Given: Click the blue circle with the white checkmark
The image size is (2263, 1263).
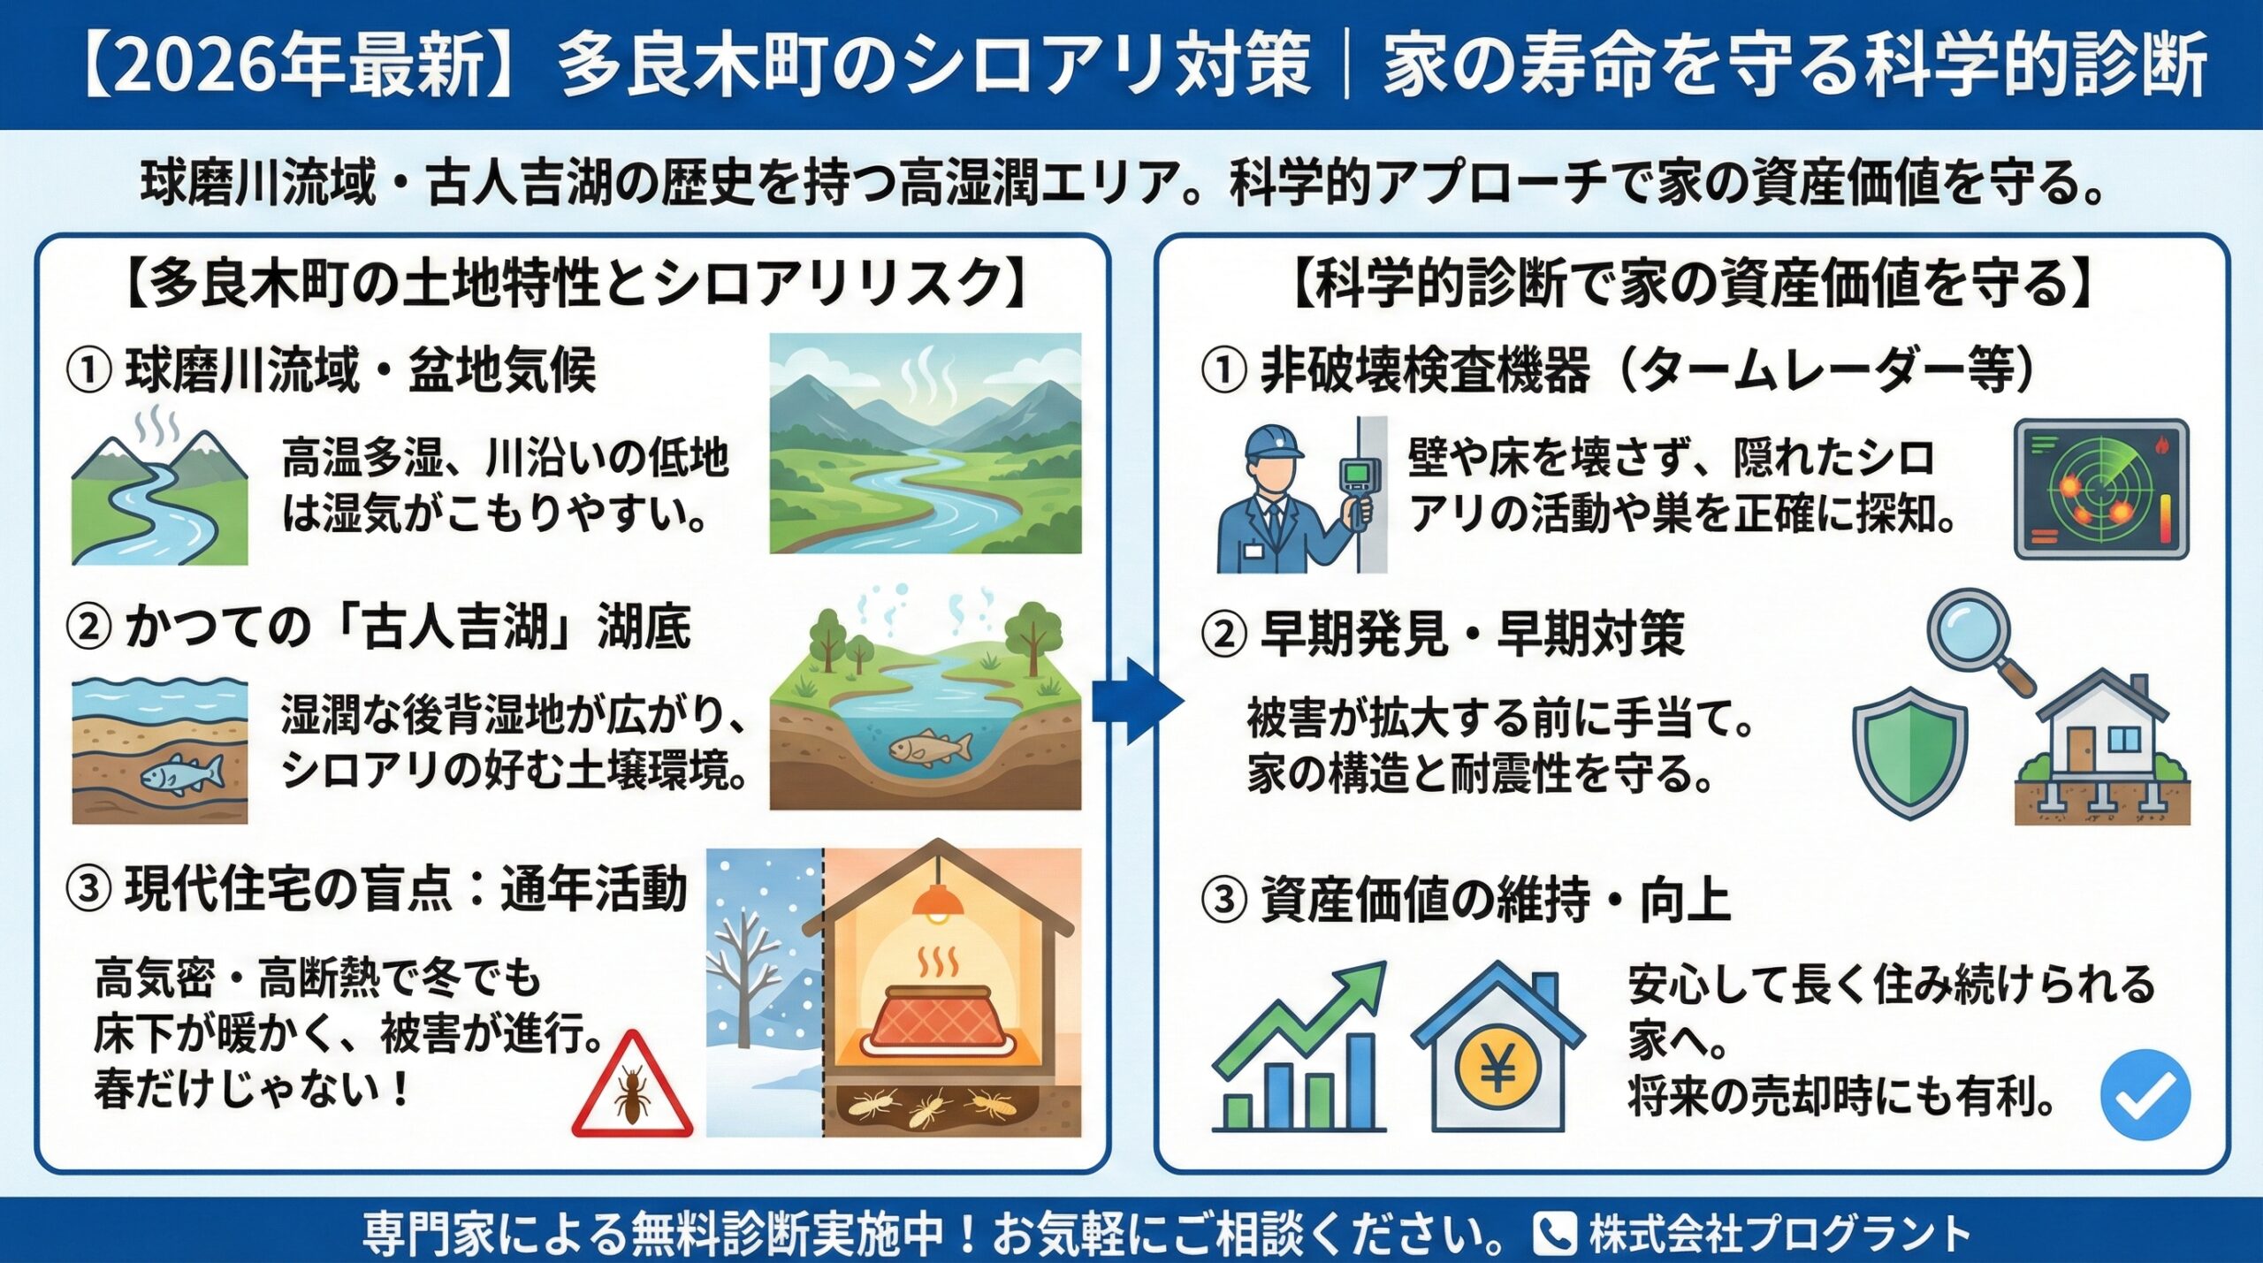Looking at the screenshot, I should pos(2145,1094).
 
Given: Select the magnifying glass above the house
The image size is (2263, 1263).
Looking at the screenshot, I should pos(1973,635).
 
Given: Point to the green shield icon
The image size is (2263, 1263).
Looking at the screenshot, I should pos(1909,752).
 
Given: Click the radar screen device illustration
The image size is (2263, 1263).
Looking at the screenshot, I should pos(2100,489).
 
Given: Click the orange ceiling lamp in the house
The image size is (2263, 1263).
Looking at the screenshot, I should pos(939,902).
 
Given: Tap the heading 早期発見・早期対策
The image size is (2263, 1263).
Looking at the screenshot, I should pos(1473,634).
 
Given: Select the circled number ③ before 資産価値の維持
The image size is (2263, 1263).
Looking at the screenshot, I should pos(1223,902).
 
